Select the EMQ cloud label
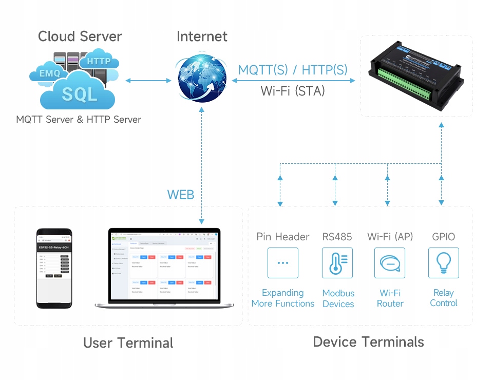click(x=50, y=73)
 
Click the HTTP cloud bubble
click(x=99, y=61)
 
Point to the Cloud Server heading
click(x=80, y=36)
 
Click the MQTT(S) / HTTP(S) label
click(x=293, y=70)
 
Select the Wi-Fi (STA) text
click(x=293, y=91)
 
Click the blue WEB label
click(x=181, y=195)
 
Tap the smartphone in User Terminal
click(x=54, y=268)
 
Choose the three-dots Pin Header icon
click(x=282, y=263)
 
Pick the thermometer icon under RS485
click(x=337, y=263)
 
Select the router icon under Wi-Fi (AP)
click(x=390, y=263)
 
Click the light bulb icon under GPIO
click(x=443, y=263)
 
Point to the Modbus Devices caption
click(x=338, y=298)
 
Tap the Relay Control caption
click(x=443, y=298)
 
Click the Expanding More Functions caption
click(x=282, y=298)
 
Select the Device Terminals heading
click(x=368, y=342)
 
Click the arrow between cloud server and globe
click(x=148, y=80)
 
